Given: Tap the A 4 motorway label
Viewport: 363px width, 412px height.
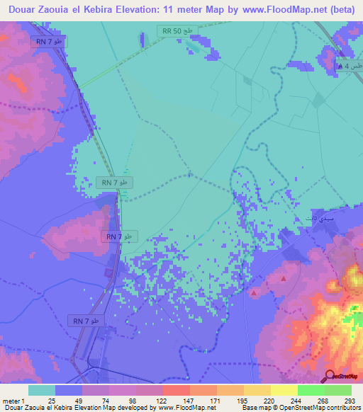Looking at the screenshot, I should pyautogui.click(x=350, y=66).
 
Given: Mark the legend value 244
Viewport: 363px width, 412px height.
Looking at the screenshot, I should pyautogui.click(x=297, y=400).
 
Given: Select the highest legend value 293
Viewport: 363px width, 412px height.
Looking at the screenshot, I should pyautogui.click(x=350, y=400).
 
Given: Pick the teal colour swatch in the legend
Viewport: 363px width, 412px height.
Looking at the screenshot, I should pyautogui.click(x=42, y=390).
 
